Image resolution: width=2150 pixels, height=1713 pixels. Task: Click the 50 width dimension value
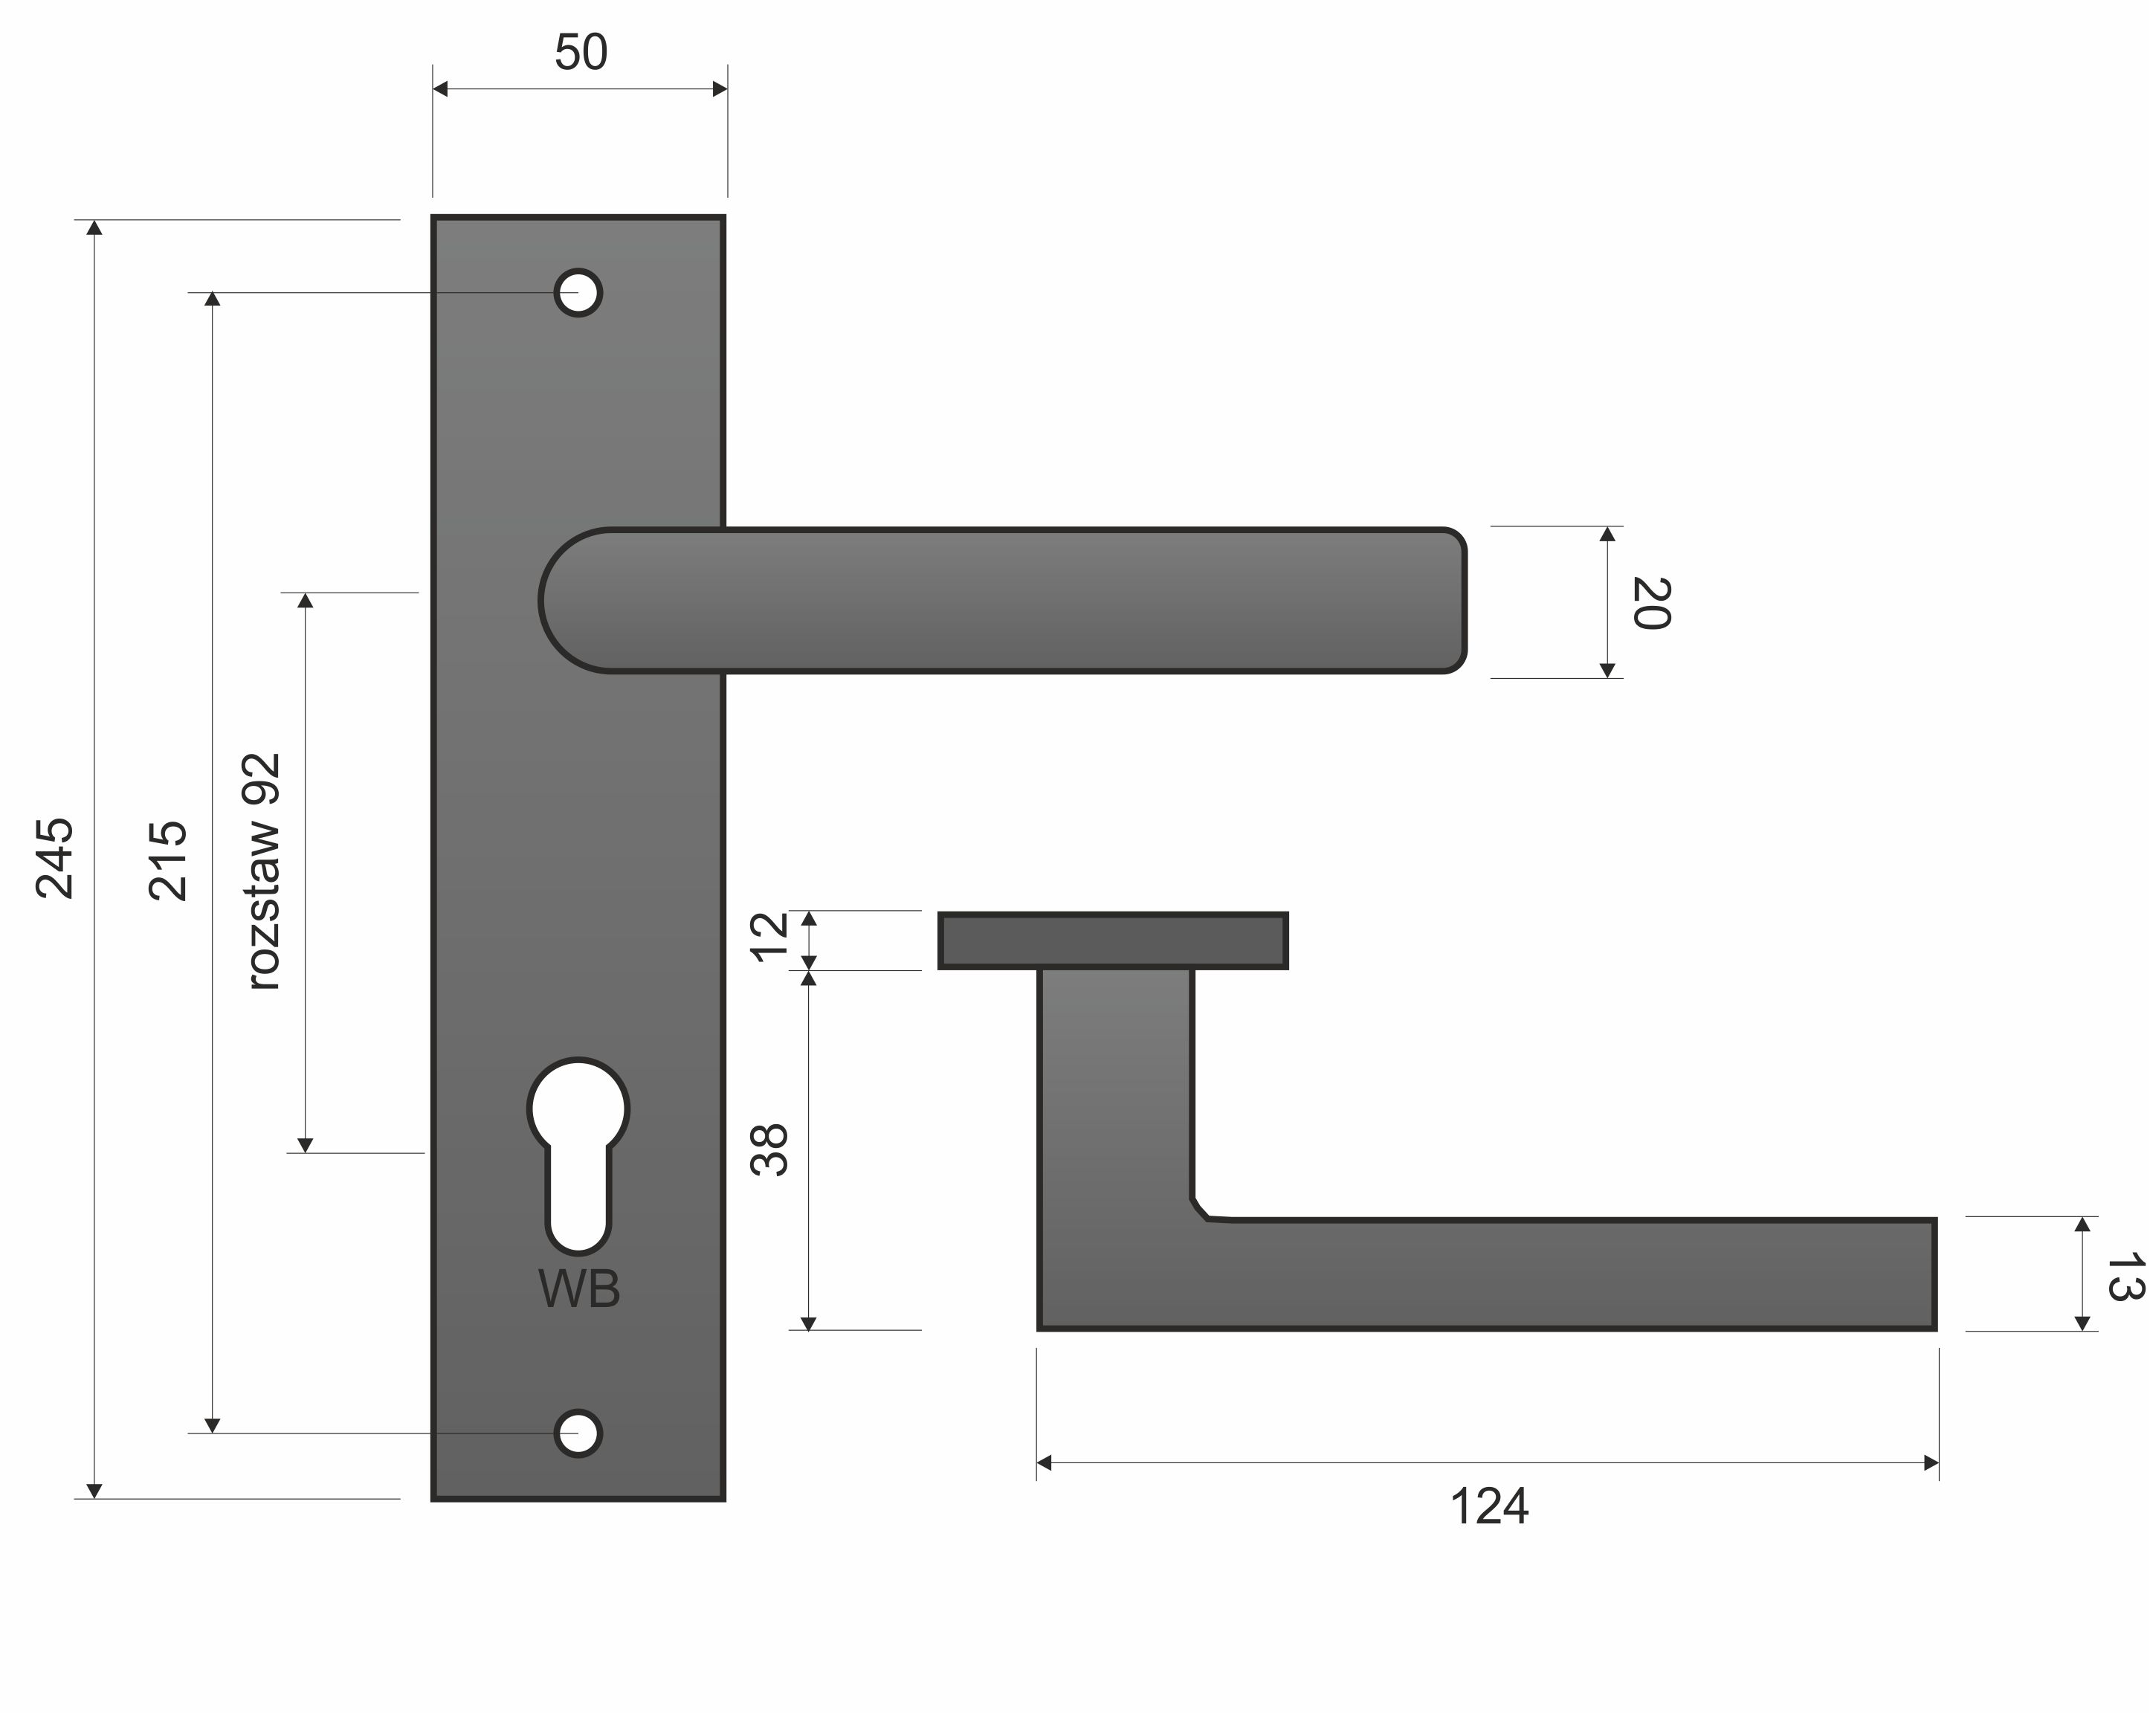click(581, 52)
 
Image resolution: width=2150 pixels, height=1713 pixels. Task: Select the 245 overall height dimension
click(55, 859)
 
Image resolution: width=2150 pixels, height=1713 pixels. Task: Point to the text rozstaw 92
click(262, 871)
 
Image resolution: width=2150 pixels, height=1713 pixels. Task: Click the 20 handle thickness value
click(1650, 603)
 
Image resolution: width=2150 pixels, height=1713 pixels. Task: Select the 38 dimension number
click(769, 1151)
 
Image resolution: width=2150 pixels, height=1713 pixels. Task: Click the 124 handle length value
click(1489, 1506)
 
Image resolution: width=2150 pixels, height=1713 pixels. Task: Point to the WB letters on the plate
click(579, 1289)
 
